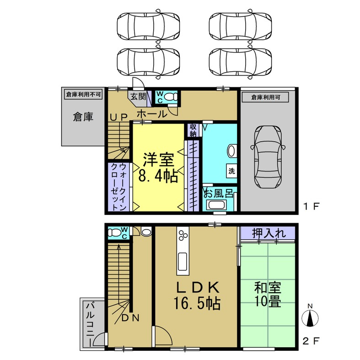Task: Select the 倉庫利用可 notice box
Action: click(x=269, y=97)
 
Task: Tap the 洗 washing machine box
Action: click(x=232, y=172)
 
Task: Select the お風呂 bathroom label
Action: click(x=219, y=193)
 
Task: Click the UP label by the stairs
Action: click(x=118, y=117)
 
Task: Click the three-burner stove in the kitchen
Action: click(x=183, y=236)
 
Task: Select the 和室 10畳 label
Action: click(x=268, y=295)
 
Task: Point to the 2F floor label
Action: click(x=311, y=341)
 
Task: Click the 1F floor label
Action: click(x=311, y=206)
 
